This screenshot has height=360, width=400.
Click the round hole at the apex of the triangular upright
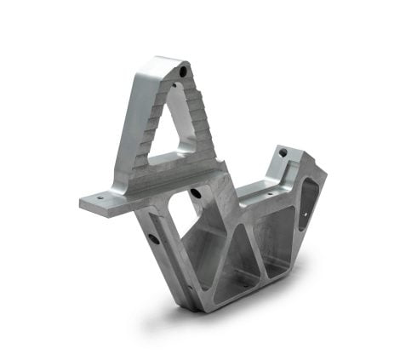point(183,72)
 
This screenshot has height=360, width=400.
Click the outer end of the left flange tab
point(85,204)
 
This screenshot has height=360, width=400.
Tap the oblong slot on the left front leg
point(154,239)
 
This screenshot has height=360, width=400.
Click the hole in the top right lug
point(283,153)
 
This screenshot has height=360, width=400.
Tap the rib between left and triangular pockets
point(217,255)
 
